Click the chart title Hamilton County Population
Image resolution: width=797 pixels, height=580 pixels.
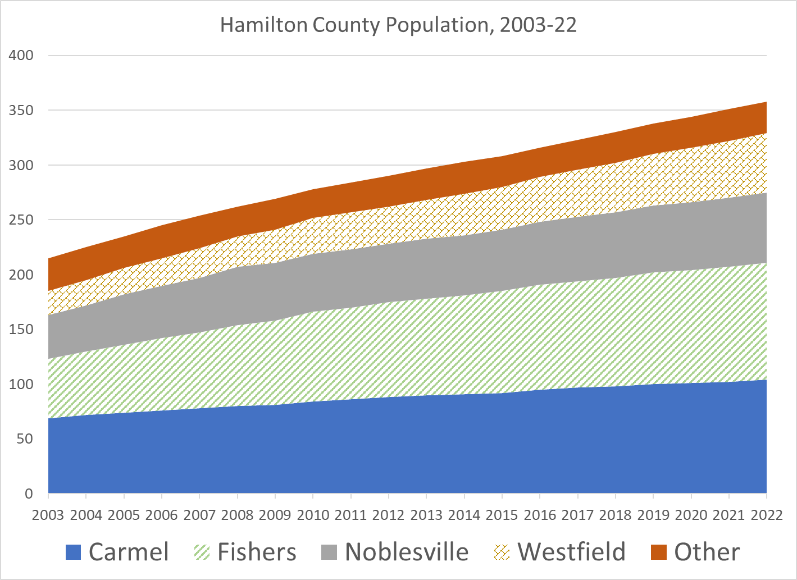398,26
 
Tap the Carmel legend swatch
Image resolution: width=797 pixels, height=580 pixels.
74,552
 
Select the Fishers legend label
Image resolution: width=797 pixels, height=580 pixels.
257,552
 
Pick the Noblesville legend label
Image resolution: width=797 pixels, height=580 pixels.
407,552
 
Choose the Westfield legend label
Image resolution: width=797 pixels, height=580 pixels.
571,552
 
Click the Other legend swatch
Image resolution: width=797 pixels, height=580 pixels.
659,552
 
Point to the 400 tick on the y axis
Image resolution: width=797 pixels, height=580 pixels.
21,56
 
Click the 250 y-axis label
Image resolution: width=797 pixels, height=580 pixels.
21,220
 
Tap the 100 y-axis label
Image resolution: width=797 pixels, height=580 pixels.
21,385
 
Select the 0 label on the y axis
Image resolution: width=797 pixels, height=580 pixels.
28,494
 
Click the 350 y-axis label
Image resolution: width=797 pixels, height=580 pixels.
21,111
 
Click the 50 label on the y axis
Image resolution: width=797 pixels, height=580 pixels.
25,439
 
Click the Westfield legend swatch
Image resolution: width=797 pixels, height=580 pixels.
502,552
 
